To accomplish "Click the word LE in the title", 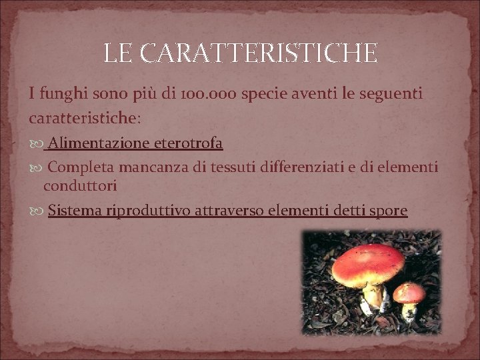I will (x=118, y=53).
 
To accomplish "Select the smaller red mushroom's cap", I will (x=409, y=291).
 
